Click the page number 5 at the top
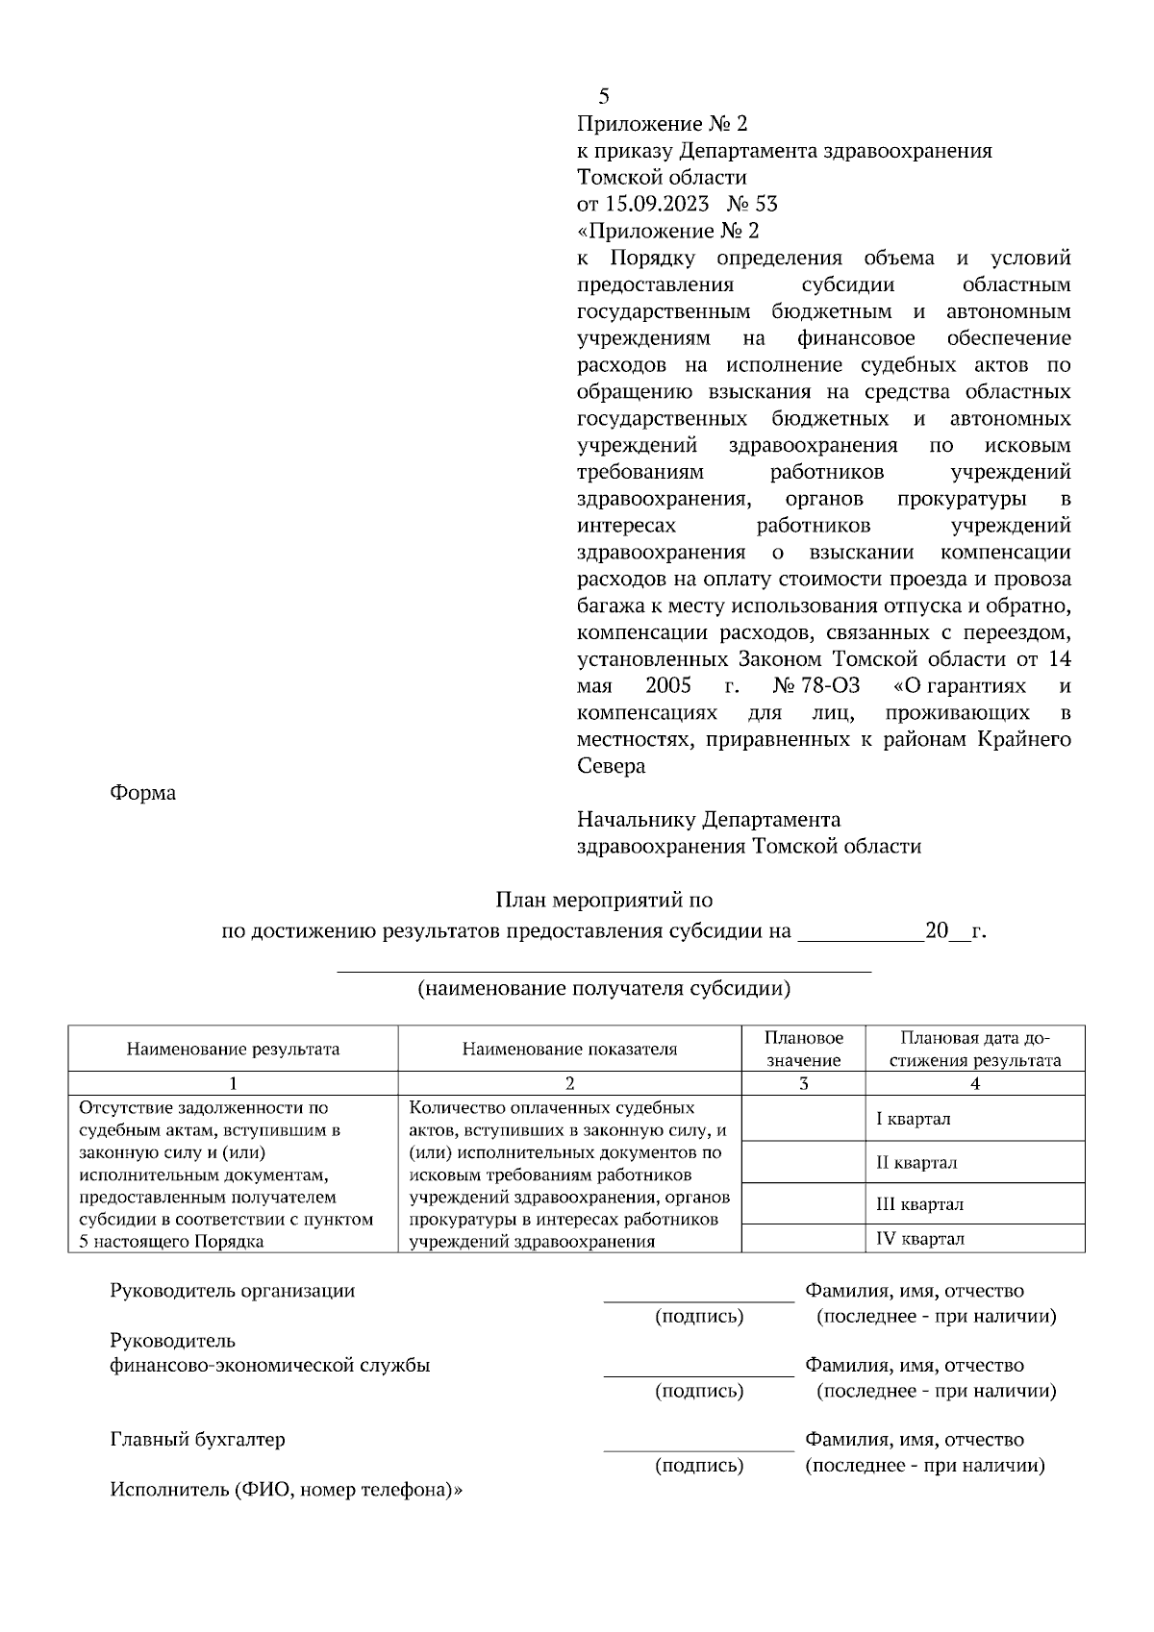[603, 96]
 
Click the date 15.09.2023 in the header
[656, 204]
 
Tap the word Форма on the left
[143, 794]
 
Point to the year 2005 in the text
[667, 686]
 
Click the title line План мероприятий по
[604, 901]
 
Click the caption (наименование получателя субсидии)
[604, 988]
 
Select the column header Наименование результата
[233, 1049]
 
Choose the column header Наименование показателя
[569, 1049]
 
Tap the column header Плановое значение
[804, 1049]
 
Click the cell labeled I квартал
[914, 1119]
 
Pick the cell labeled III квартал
[919, 1204]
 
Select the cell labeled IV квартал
[919, 1239]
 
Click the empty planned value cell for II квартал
[804, 1162]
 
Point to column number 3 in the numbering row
[804, 1083]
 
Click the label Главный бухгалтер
[198, 1440]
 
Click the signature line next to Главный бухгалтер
[698, 1447]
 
